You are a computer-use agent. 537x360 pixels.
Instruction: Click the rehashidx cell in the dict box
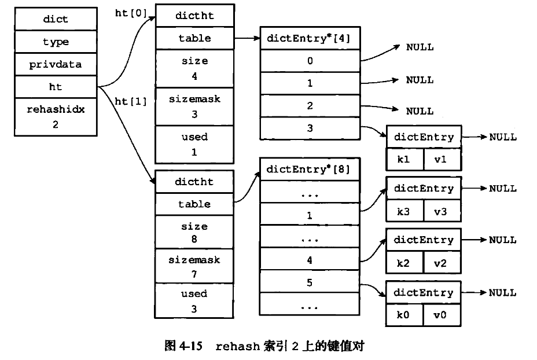[56, 116]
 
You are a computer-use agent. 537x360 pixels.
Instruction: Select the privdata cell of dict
[56, 64]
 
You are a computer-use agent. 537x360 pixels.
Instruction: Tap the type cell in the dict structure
[56, 42]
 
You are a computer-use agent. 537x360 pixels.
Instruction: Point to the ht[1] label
[131, 101]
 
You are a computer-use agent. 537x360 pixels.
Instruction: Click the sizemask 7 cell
[194, 267]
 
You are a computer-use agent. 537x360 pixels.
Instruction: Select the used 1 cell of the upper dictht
[194, 145]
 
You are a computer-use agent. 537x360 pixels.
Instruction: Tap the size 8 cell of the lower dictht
[194, 232]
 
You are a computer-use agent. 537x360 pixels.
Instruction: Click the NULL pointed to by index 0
[420, 47]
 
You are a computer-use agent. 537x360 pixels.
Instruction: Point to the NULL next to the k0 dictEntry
[502, 293]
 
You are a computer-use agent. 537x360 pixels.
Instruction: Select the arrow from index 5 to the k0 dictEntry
[373, 287]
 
